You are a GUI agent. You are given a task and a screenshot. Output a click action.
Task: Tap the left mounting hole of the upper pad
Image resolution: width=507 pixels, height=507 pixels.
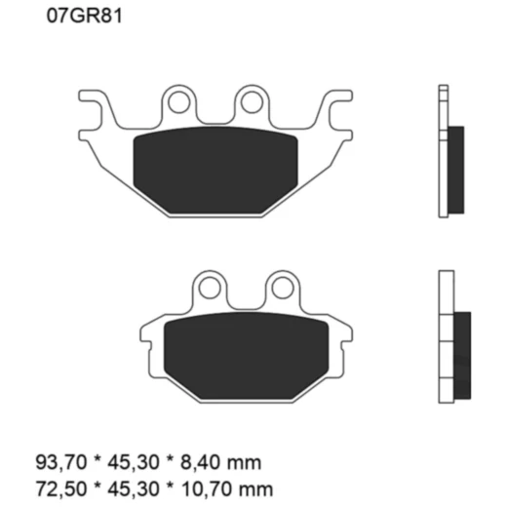tap(178, 100)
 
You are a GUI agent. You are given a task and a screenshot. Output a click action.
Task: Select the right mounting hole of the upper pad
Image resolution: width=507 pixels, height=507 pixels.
tap(251, 100)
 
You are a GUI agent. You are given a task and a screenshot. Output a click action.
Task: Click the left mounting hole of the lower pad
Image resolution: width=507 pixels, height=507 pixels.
tap(209, 287)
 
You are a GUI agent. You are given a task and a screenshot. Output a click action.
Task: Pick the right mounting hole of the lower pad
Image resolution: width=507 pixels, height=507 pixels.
tap(281, 287)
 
